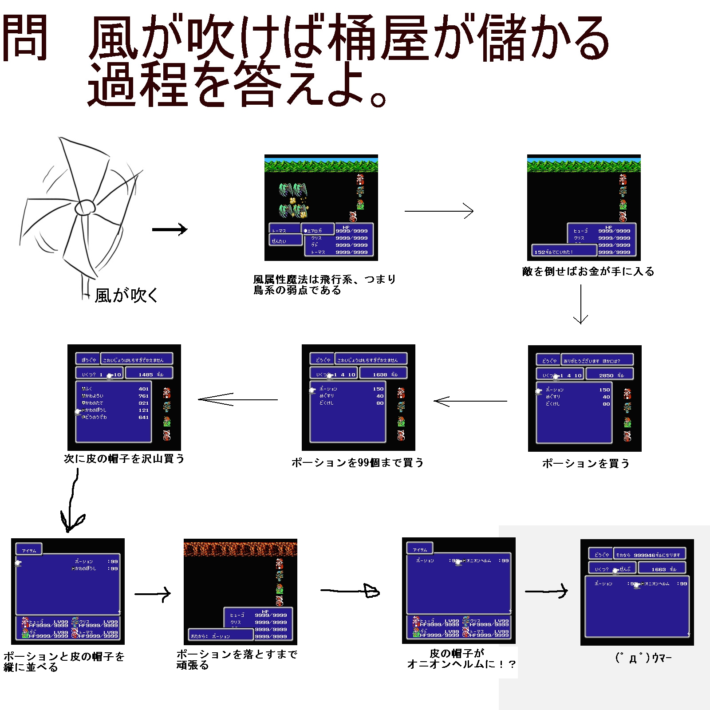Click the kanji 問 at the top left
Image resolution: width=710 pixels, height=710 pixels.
tap(25, 38)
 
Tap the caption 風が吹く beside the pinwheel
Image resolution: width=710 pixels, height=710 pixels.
tap(126, 295)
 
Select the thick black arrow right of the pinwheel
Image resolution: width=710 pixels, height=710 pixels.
tap(170, 229)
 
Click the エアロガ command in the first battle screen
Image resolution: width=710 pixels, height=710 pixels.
tap(317, 230)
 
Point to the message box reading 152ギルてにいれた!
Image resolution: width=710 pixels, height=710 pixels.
tap(564, 251)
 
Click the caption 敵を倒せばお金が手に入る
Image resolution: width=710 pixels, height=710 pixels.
tap(588, 271)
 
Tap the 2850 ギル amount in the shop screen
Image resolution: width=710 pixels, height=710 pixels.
tap(610, 375)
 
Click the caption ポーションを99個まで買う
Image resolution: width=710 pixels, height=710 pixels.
tap(357, 462)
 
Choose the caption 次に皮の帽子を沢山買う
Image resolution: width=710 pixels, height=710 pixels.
tap(124, 458)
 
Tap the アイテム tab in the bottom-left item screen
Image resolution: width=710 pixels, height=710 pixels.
tap(29, 550)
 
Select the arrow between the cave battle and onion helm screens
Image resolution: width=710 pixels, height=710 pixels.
tap(350, 591)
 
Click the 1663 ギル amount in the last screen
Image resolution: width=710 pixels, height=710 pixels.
tap(663, 569)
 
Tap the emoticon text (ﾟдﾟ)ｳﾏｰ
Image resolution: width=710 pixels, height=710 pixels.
tap(643, 658)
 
